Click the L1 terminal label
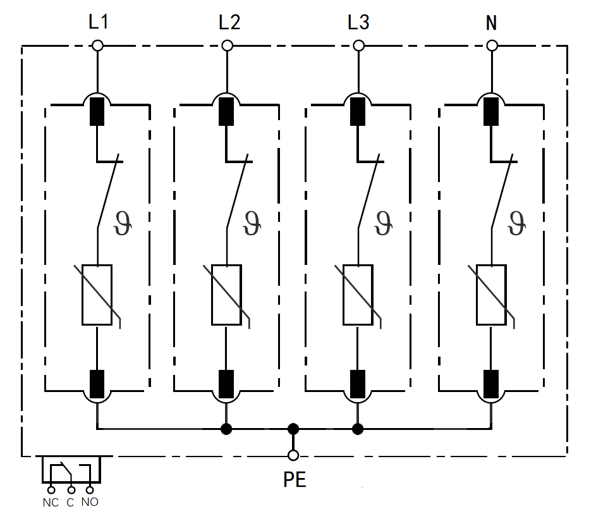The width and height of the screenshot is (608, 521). tap(99, 23)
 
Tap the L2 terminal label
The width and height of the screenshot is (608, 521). tap(229, 23)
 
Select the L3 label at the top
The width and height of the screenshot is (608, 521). tap(358, 23)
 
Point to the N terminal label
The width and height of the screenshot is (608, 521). tap(491, 23)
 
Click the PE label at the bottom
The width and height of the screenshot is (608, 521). tap(295, 480)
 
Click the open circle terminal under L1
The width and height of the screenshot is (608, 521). tap(97, 46)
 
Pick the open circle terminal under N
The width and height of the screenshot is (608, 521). tap(492, 46)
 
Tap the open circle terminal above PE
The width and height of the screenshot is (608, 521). tap(293, 455)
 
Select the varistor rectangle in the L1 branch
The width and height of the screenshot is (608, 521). tap(97, 295)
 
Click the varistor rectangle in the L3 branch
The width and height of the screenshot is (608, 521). tap(358, 295)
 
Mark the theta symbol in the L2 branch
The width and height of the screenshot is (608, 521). tap(252, 223)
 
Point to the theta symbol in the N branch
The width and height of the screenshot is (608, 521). tap(516, 223)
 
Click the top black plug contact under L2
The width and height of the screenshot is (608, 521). tap(226, 111)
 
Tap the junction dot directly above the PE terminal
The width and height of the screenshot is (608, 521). tap(293, 429)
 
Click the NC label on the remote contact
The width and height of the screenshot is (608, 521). tap(51, 503)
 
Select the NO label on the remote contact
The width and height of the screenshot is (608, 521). tap(90, 503)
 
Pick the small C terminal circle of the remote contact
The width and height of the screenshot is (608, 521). tap(71, 489)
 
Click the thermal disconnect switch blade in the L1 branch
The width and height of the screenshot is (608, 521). tap(109, 193)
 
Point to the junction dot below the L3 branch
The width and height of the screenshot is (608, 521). tap(358, 429)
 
